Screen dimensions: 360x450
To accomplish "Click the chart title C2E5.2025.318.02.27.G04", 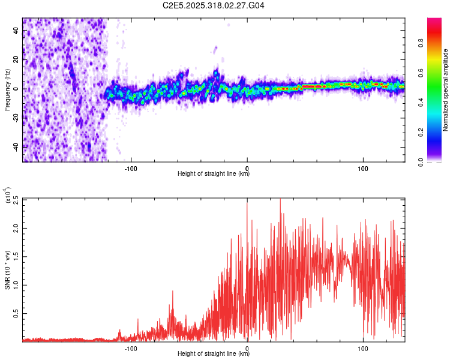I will (x=214, y=5).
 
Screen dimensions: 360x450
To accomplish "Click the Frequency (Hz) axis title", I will (x=7, y=90).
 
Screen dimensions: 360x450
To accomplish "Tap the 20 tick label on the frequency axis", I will (x=16, y=60).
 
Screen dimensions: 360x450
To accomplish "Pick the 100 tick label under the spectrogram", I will (x=363, y=167).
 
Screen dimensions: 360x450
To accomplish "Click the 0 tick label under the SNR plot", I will (x=247, y=347).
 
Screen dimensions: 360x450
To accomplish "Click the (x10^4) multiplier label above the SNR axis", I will (x=8, y=196).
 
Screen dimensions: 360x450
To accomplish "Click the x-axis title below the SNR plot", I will (x=214, y=354).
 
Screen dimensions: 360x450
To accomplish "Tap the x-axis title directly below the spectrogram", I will (x=214, y=174).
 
